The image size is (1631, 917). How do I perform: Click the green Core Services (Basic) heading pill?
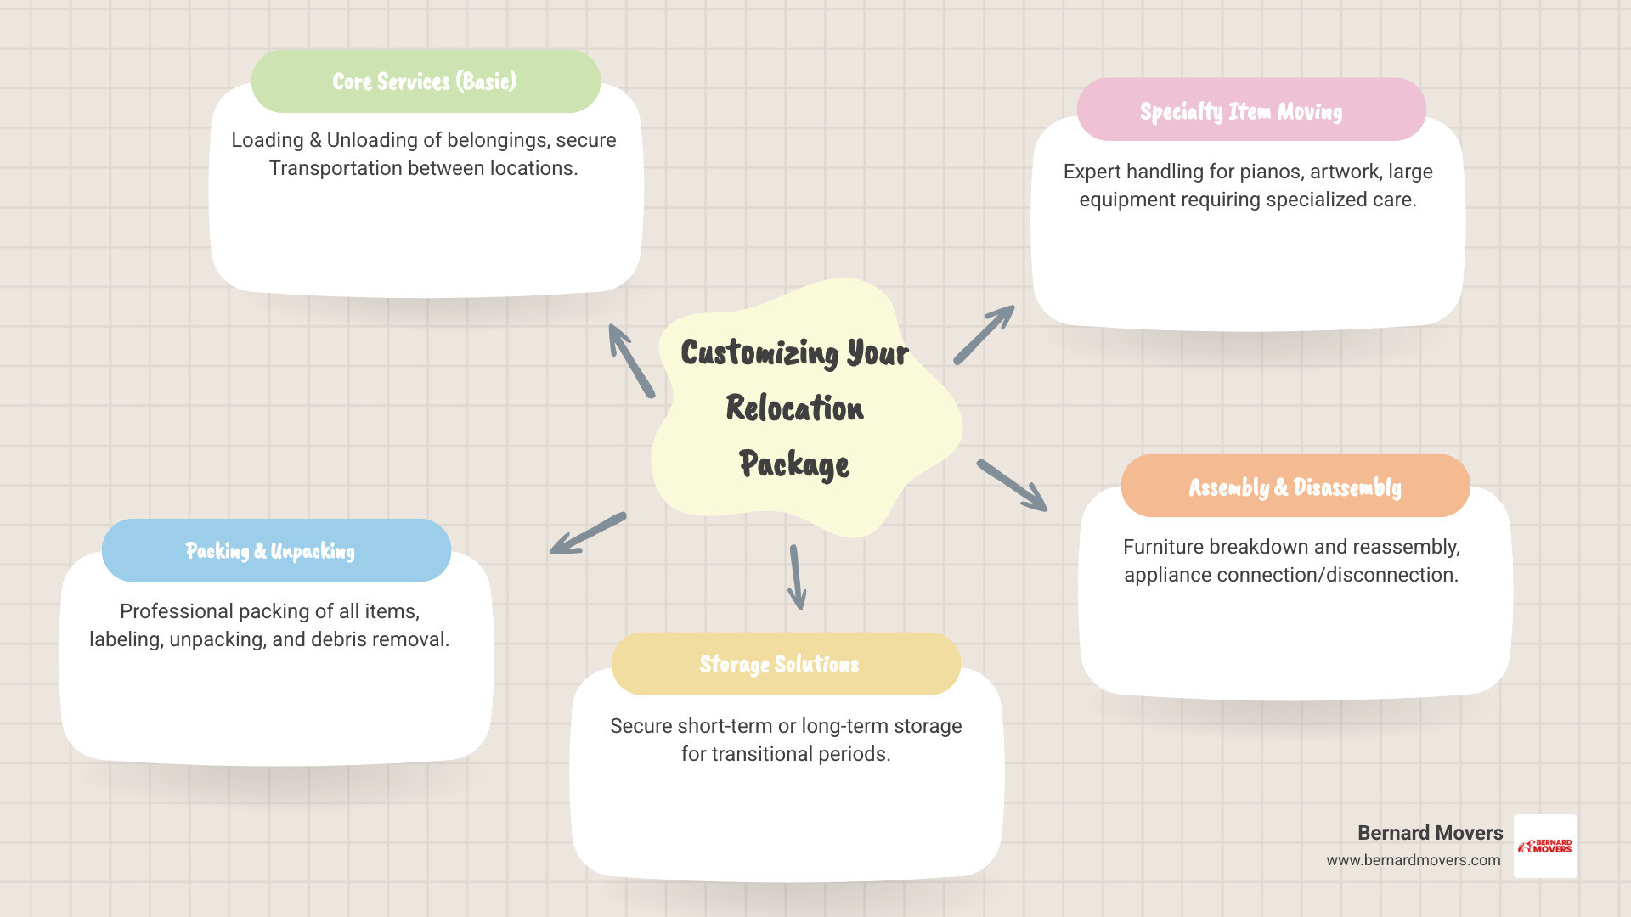[x=425, y=82]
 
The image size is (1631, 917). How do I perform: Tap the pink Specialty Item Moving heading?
[x=1250, y=110]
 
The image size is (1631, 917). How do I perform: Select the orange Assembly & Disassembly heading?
[x=1295, y=487]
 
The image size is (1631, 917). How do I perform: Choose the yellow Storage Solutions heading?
[x=785, y=664]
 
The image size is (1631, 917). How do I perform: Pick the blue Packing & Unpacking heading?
[x=275, y=550]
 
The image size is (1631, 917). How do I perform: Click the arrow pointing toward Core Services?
[x=631, y=360]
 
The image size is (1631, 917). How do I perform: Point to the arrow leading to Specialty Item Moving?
[x=984, y=335]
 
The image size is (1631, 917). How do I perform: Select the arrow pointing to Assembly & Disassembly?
[x=1012, y=485]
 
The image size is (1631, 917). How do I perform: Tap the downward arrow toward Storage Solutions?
[x=796, y=577]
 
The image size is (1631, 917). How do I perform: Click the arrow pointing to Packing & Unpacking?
[x=588, y=533]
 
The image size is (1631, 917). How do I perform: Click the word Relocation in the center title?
[x=794, y=408]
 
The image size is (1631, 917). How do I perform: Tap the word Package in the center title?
[x=793, y=464]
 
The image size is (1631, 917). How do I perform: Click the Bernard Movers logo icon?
[x=1545, y=846]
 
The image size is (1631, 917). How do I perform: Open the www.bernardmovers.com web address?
[x=1413, y=860]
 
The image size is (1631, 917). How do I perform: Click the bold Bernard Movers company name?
[x=1430, y=833]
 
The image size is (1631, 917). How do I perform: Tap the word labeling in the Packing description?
[x=126, y=639]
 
